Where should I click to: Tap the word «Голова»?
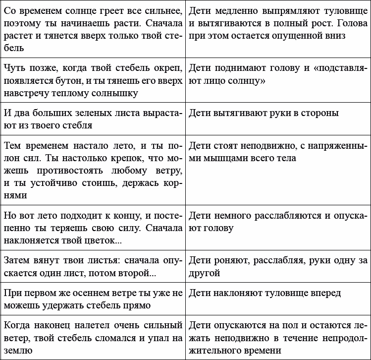click(347, 23)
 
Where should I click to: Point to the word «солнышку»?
click(114, 92)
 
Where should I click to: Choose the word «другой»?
click(205, 273)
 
